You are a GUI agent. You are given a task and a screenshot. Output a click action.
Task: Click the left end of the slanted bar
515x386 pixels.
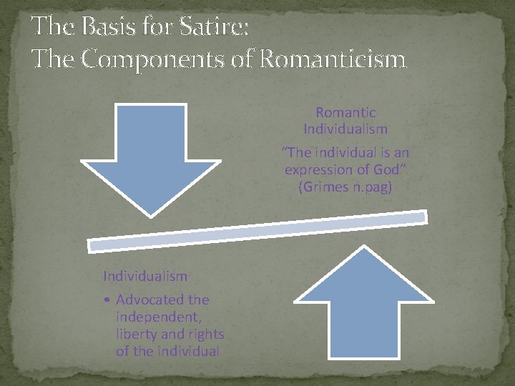click(x=92, y=244)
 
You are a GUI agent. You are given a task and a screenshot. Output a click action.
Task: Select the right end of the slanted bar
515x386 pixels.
click(x=423, y=216)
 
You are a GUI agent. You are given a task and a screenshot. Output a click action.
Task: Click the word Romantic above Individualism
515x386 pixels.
click(x=345, y=113)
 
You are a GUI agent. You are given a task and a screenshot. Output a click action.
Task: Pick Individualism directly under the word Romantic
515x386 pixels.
click(x=345, y=129)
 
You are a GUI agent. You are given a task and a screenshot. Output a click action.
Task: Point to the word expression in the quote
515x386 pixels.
click(x=319, y=170)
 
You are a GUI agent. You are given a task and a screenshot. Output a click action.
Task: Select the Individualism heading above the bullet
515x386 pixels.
click(x=145, y=276)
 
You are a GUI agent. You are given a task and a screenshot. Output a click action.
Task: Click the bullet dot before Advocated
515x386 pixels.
click(x=106, y=300)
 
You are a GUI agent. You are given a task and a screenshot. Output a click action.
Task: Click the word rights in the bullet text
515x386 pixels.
click(x=205, y=335)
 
